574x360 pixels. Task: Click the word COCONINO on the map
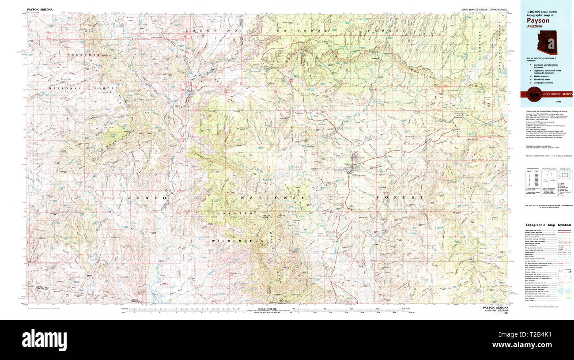tap(212, 30)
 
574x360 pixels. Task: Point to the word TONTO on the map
tap(146, 198)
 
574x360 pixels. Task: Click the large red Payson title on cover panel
tap(538, 20)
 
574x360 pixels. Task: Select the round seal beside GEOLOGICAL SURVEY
tap(532, 94)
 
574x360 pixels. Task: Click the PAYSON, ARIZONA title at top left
tap(42, 9)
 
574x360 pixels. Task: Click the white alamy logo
tap(44, 339)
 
